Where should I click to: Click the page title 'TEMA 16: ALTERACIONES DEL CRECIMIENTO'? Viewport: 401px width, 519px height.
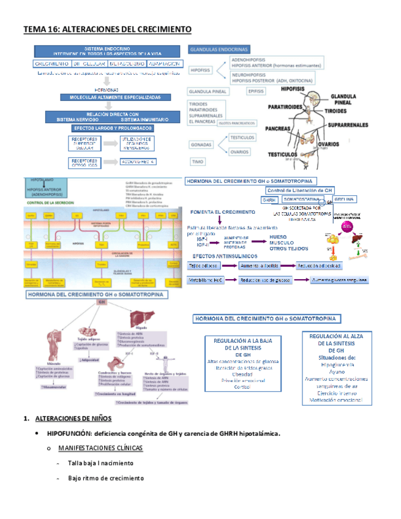coord(107,29)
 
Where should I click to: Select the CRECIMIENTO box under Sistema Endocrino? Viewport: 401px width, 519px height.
coord(51,64)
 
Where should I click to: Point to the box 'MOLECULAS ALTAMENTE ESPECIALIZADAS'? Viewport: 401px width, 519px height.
coord(111,97)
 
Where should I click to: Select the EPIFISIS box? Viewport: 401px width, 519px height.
coord(255,91)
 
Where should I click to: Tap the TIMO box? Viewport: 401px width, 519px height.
coord(198,162)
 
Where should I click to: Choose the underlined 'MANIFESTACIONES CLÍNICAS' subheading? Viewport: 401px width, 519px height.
coord(102,448)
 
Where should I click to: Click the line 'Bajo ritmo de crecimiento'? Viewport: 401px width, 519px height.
coord(105,477)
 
